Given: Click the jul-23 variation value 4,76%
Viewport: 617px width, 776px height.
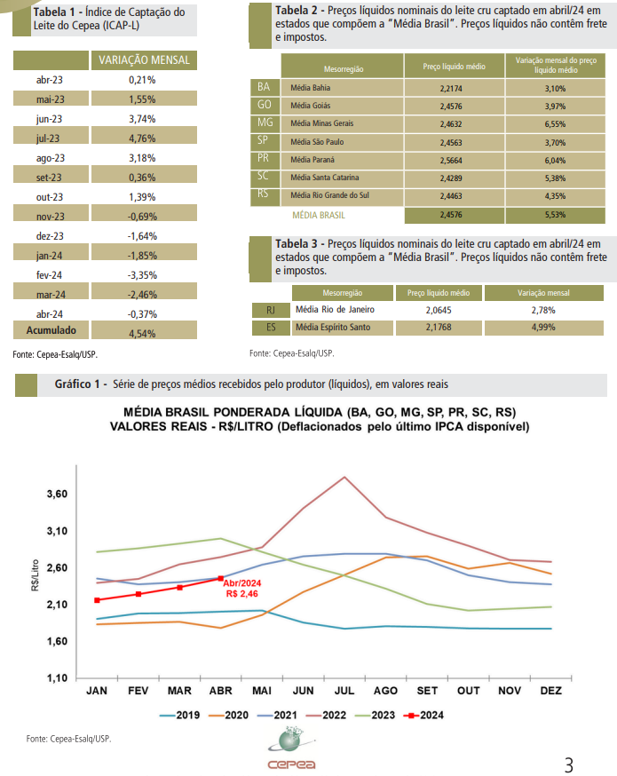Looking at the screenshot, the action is [142, 139].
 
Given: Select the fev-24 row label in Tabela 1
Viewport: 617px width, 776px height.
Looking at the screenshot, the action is [50, 275].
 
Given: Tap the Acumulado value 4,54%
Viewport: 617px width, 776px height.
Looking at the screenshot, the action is [142, 334].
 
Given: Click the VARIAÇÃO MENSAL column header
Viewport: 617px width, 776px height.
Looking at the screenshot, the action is [144, 60].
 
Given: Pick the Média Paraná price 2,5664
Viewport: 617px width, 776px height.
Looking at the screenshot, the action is [451, 161].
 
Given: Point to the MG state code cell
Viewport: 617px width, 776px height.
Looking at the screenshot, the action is [265, 123].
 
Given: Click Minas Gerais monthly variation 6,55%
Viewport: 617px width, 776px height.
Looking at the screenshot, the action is [555, 124].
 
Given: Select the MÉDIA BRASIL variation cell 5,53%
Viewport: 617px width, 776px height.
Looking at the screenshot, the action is [555, 215].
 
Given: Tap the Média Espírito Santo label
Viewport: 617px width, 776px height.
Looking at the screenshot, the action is [333, 327].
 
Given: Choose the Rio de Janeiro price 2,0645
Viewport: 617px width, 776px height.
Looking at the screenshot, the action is [439, 310].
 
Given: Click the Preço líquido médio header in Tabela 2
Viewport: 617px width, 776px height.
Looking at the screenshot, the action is [455, 67].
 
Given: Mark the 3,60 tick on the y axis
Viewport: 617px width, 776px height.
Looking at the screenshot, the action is [57, 494].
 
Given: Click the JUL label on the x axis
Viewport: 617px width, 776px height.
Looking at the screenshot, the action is [344, 691].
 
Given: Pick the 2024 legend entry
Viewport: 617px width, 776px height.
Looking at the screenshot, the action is [424, 715].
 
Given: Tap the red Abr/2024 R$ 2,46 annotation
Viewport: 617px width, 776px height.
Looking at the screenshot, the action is [242, 589].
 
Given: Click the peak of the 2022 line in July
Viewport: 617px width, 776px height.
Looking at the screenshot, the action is [344, 477].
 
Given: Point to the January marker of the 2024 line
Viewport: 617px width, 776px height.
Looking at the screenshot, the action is [97, 600].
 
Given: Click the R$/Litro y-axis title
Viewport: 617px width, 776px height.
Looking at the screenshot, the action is [35, 575].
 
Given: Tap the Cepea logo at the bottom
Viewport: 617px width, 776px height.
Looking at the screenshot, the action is [291, 748].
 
